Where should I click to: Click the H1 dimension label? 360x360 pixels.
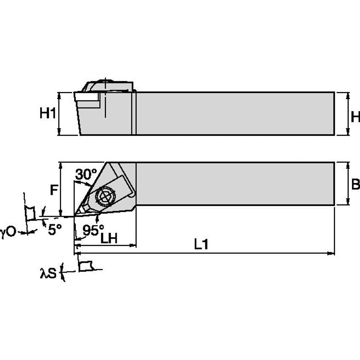click(48, 114)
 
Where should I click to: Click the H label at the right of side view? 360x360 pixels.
click(355, 116)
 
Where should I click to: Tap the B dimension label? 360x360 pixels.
click(355, 184)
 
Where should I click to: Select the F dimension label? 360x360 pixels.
click(54, 191)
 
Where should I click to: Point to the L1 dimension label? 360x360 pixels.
click(201, 245)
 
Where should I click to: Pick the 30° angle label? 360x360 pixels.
click(86, 174)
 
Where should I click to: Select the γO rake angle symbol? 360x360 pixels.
click(8, 231)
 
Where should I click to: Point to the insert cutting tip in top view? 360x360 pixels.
click(76, 215)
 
